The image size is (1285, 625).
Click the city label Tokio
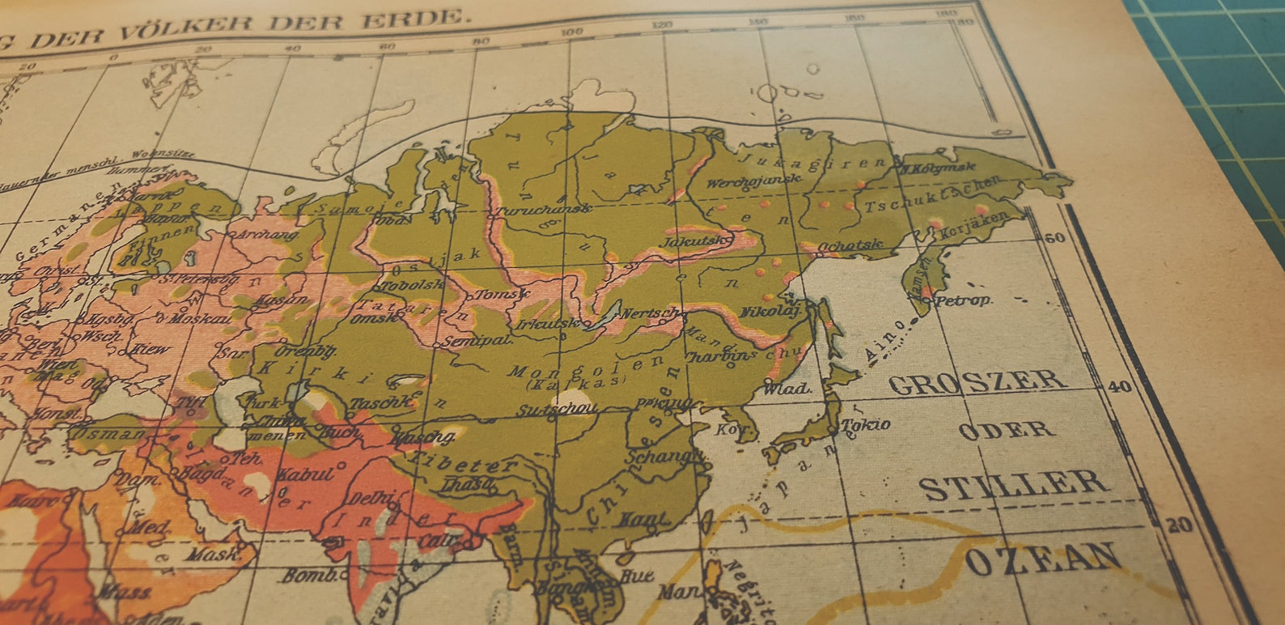866,425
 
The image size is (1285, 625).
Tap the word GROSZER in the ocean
976,382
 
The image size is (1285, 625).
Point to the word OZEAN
1044,559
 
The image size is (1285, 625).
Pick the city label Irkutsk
549,324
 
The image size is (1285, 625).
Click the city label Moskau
199,318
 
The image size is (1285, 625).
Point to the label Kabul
305,474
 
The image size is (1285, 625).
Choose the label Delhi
371,498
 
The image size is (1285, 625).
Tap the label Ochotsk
849,245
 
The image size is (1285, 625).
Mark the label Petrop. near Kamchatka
963,300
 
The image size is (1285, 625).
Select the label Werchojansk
753,182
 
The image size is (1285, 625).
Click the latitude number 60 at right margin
1055,237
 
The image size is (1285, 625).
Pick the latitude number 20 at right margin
1178,525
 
